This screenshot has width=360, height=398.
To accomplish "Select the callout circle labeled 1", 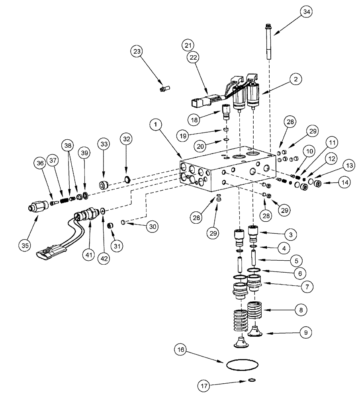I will (156, 124).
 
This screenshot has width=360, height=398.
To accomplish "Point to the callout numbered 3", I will (291, 234).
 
